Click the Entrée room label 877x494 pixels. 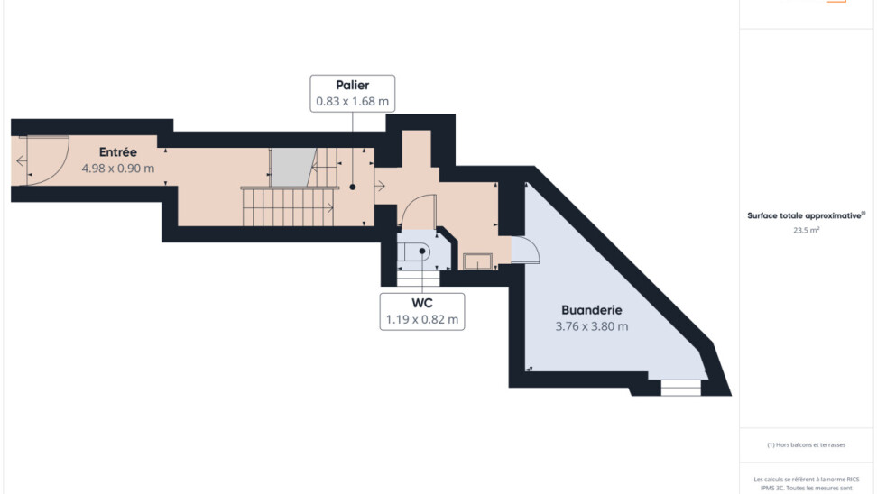117,152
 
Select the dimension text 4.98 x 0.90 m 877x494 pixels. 117,168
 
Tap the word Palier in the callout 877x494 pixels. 353,86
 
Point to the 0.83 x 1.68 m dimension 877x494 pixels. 353,102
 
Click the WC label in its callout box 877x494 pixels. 422,303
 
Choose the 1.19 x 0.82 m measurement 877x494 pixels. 422,319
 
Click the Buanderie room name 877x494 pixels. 592,309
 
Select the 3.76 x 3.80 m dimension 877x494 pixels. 592,326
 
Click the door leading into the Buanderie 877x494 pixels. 524,250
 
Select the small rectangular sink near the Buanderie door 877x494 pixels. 476,261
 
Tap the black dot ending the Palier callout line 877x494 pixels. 353,187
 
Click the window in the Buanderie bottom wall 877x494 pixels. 680,388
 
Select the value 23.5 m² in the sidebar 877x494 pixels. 806,230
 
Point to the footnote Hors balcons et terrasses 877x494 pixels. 806,444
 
